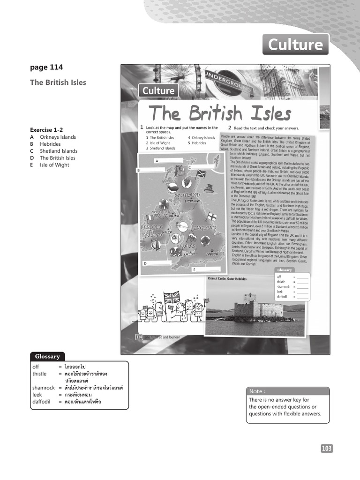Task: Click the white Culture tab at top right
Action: point(295,45)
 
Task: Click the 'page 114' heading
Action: point(46,67)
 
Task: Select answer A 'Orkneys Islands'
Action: point(58,137)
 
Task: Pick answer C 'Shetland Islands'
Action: point(59,151)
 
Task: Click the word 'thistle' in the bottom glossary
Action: point(40,374)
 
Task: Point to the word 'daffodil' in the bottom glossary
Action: point(42,402)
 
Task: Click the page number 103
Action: point(327,449)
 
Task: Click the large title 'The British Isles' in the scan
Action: point(219,113)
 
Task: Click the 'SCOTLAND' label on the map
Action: point(187,194)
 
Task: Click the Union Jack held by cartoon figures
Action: point(172,297)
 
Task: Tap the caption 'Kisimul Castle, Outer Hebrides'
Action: point(227,279)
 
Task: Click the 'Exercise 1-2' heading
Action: point(46,130)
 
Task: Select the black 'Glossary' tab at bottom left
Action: point(45,356)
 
